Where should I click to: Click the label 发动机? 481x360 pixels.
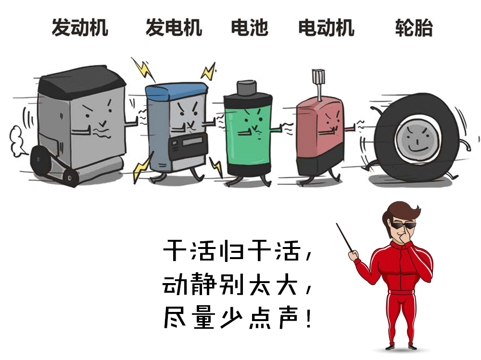(80, 27)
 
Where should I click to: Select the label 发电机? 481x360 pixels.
(174, 27)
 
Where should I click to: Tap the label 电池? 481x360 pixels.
(250, 27)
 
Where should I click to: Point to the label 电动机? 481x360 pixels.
(327, 27)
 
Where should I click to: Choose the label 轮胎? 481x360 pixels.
(414, 27)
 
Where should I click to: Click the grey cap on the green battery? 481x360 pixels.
(246, 87)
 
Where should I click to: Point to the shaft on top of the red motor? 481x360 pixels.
(319, 84)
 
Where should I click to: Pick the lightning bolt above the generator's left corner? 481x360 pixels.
(143, 69)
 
